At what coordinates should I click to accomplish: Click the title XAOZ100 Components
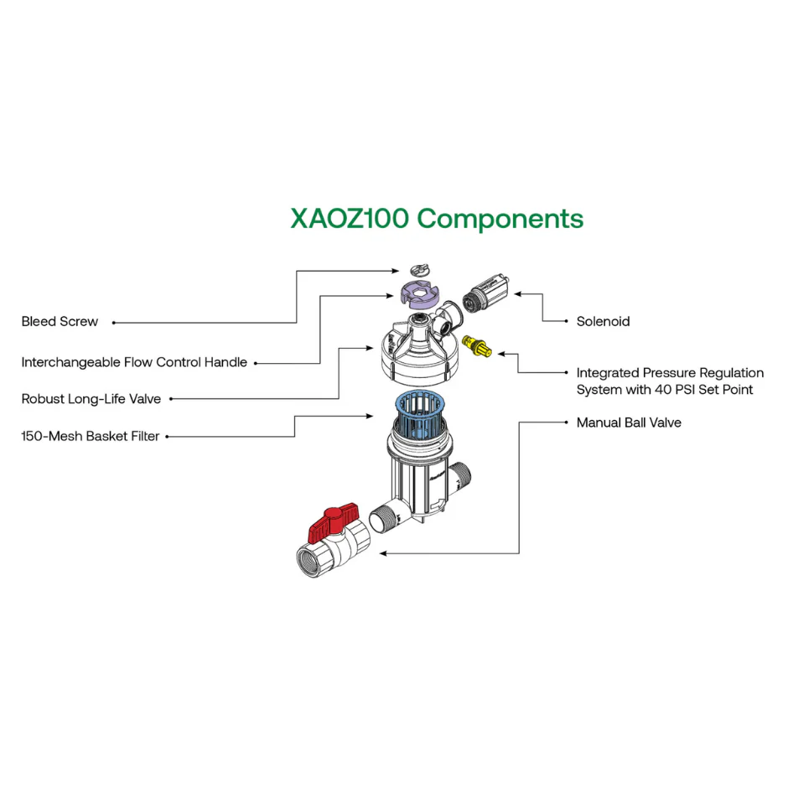[x=437, y=219]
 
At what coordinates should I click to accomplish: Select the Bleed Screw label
[x=60, y=322]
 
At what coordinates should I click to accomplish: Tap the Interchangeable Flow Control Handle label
[x=134, y=362]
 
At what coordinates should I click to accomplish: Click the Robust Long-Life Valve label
[x=91, y=399]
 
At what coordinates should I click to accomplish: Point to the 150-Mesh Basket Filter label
[x=90, y=436]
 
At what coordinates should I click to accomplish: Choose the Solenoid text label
[x=603, y=322]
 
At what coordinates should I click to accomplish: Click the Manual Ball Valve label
[x=629, y=423]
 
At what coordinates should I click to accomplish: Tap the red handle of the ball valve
[x=333, y=522]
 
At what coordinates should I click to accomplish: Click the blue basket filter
[x=420, y=411]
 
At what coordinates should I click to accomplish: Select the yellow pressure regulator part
[x=476, y=347]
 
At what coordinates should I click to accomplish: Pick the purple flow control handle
[x=420, y=295]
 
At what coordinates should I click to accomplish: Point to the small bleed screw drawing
[x=419, y=269]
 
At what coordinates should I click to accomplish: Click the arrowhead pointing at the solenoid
[x=517, y=294]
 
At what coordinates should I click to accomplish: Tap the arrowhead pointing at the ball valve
[x=383, y=553]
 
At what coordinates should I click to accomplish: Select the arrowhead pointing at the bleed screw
[x=396, y=271]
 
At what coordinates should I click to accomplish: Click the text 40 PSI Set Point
[x=703, y=390]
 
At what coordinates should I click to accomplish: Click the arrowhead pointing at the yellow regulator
[x=501, y=354]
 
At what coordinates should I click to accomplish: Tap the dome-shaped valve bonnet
[x=416, y=353]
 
